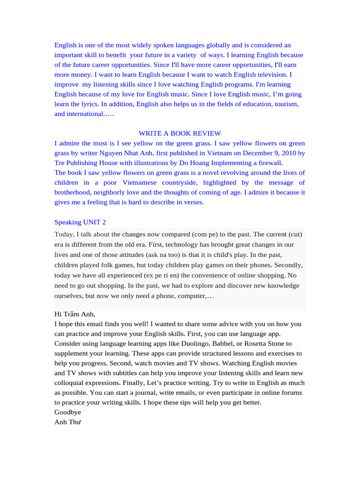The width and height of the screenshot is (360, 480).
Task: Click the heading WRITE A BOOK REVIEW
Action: pyautogui.click(x=180, y=134)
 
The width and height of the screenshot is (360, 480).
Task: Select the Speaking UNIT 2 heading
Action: pyautogui.click(x=80, y=222)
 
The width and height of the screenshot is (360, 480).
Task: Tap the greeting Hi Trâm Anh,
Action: pyautogui.click(x=75, y=314)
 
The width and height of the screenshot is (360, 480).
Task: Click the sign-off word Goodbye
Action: pyautogui.click(x=67, y=412)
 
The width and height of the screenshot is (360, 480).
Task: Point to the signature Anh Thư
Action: pyautogui.click(x=68, y=422)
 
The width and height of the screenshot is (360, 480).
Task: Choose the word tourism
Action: pyautogui.click(x=285, y=104)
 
